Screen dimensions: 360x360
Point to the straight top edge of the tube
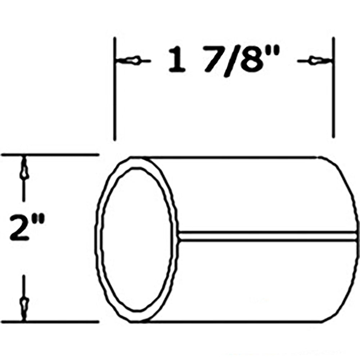(234, 157)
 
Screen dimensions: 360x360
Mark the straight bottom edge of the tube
(234, 321)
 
